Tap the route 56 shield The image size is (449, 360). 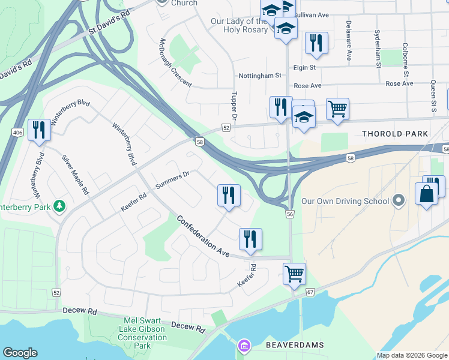pos(290,214)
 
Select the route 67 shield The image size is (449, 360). pos(310,292)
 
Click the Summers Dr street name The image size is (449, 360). pos(172,179)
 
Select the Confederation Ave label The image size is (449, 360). pos(203,236)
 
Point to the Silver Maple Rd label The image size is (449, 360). pos(75,175)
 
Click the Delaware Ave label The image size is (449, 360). pos(348,41)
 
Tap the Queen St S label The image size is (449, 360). pos(433,98)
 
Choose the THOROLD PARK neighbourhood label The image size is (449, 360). pos(394,133)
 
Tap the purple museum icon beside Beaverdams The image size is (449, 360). pos(243,346)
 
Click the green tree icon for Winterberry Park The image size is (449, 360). pos(59,206)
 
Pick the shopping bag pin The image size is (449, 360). pos(426,194)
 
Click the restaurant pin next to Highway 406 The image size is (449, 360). pos(39,130)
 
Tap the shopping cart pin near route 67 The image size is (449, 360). pos(294,274)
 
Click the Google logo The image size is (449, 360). pos(20,352)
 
